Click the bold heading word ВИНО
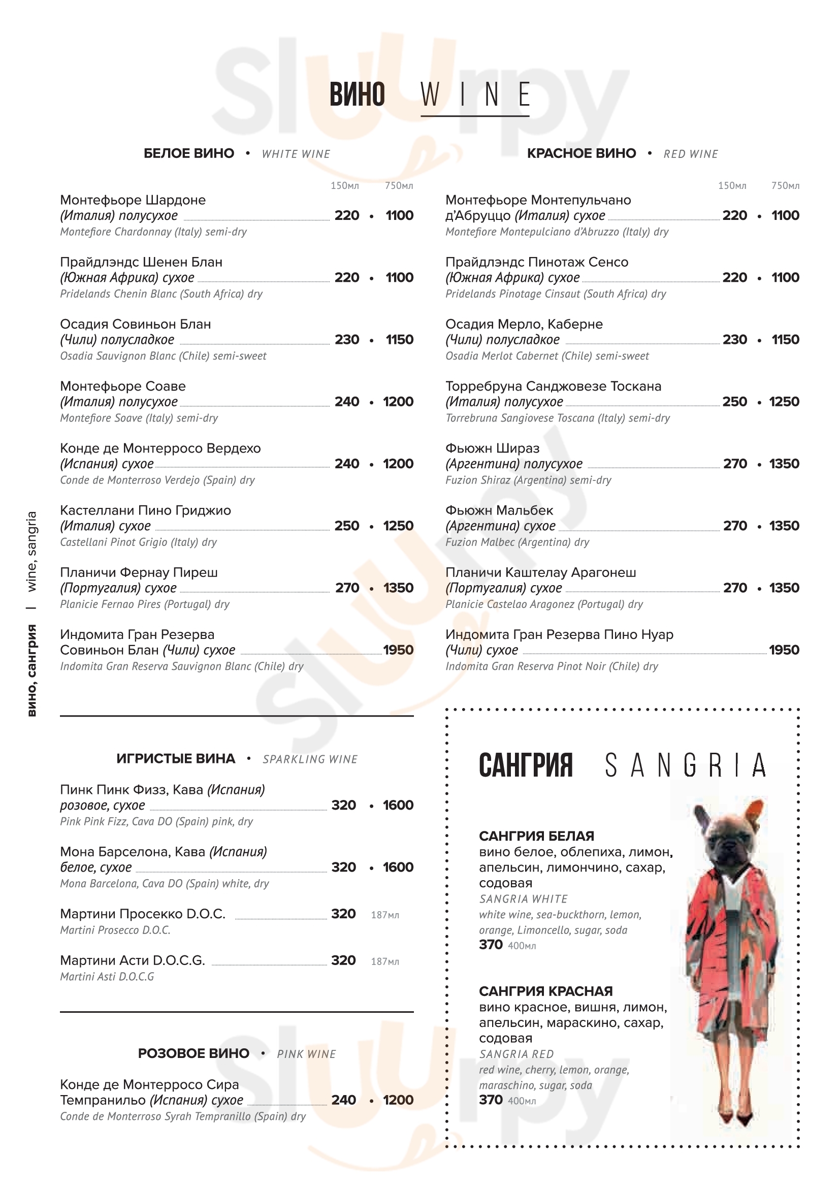tap(357, 94)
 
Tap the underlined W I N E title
tap(475, 95)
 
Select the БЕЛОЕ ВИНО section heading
tap(189, 154)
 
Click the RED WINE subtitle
tap(691, 154)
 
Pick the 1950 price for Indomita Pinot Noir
tap(784, 651)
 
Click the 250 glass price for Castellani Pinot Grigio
tap(346, 526)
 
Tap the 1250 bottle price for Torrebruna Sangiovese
tap(784, 402)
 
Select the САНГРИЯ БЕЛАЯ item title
tap(536, 836)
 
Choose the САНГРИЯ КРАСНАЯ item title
tap(545, 991)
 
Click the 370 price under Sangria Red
tap(491, 1100)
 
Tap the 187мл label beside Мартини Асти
tap(385, 962)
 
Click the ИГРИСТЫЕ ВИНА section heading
tap(176, 759)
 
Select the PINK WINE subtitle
tap(306, 1054)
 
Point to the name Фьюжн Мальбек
tap(499, 510)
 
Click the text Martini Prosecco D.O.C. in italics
tap(115, 930)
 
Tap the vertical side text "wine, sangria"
tap(32, 552)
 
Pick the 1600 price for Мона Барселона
tap(398, 868)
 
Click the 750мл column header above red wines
tap(785, 186)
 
